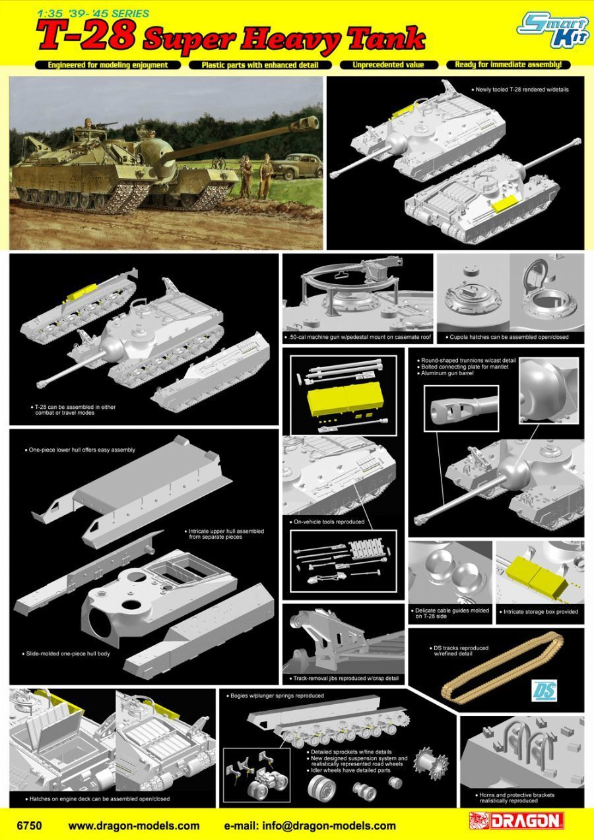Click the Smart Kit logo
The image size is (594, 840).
[552, 31]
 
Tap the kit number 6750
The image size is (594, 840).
[29, 825]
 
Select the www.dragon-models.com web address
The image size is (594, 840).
[134, 825]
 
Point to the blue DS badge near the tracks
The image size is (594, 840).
[544, 690]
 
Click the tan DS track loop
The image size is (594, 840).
[503, 669]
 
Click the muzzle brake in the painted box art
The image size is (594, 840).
[309, 123]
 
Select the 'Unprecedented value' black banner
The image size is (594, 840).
[389, 65]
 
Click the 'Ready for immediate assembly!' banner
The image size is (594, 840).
[508, 65]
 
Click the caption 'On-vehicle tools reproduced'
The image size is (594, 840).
[327, 522]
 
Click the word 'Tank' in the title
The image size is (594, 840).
[387, 40]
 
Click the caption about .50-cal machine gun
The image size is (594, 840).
[358, 337]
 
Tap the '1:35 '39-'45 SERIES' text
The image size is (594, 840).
[94, 14]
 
